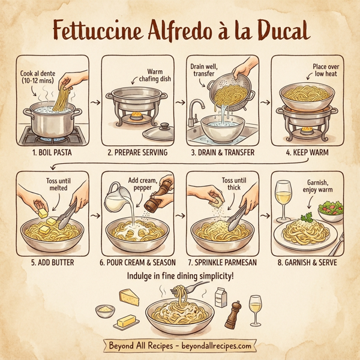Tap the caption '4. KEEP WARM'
(307, 153)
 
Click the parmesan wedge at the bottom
(130, 296)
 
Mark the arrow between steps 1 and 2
(95, 103)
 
